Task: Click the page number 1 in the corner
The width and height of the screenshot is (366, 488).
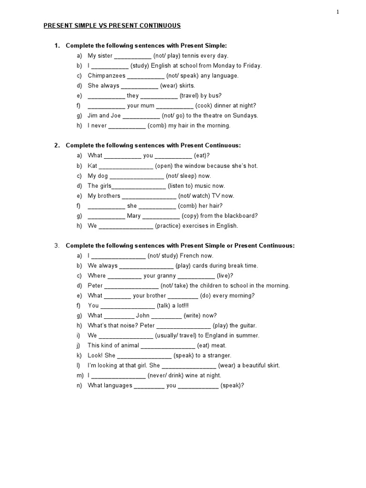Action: [x=337, y=12]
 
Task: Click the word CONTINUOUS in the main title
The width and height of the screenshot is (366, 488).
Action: [x=158, y=26]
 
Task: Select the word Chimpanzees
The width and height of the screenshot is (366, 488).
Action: [x=107, y=76]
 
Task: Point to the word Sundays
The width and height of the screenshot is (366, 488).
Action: [x=244, y=116]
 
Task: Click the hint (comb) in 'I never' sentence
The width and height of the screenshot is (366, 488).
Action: [x=162, y=126]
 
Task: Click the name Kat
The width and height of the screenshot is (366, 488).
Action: [x=92, y=166]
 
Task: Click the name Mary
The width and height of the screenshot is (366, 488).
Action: [x=134, y=216]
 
